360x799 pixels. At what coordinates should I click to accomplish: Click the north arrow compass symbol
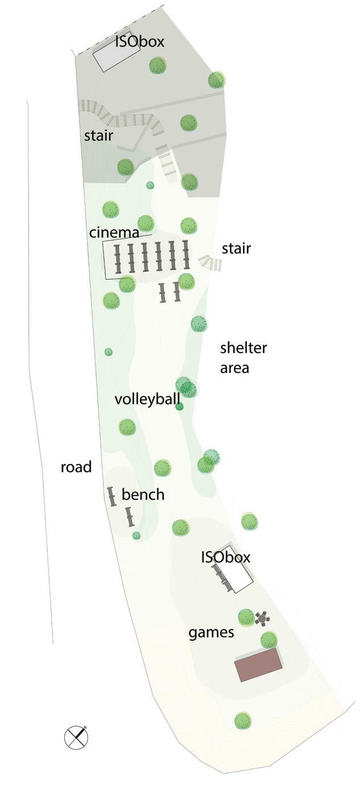coord(76,737)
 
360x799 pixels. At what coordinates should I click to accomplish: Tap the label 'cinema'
coord(114,233)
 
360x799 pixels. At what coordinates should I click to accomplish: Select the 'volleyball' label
coord(147,399)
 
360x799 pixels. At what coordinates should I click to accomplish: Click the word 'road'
coord(76,467)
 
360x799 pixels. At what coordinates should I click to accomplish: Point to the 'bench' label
coord(143,495)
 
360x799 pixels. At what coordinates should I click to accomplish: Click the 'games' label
coord(211,632)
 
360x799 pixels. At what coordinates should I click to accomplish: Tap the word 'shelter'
coord(243,348)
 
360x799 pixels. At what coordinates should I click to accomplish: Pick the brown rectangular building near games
coord(259,664)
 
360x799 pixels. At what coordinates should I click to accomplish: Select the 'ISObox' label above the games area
coord(225,557)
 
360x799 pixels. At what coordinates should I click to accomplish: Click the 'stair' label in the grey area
coord(98,136)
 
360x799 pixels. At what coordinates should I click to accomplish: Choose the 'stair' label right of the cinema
coord(236,249)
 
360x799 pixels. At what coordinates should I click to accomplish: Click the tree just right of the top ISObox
coord(158,65)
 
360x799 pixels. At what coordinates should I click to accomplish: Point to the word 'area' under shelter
coord(234,368)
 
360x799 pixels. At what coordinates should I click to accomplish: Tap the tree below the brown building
coord(243,721)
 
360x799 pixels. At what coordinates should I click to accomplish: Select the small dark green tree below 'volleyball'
coord(179,406)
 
